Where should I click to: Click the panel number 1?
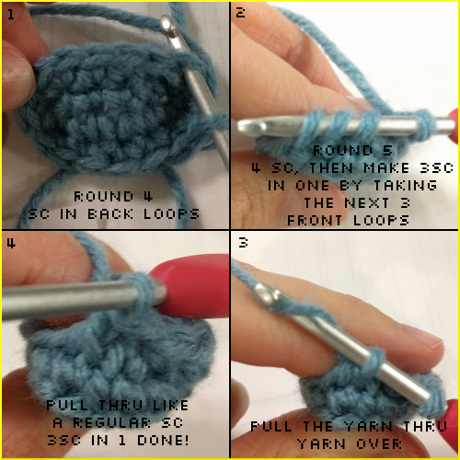(10, 15)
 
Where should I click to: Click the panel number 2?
(240, 14)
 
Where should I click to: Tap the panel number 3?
(240, 244)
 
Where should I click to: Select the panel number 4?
(10, 244)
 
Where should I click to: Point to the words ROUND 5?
(342, 150)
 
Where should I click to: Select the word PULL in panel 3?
(272, 427)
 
